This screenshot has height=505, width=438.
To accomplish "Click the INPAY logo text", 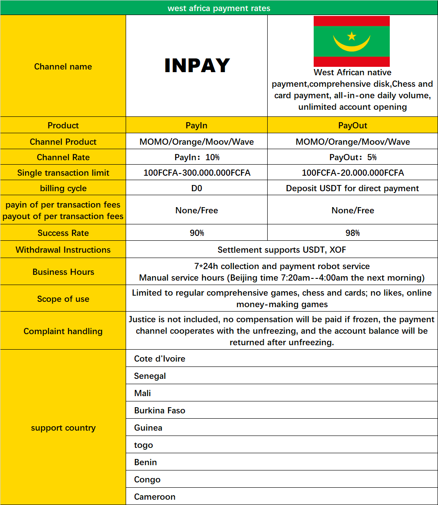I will [197, 66].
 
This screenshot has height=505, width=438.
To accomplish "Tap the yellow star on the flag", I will [352, 35].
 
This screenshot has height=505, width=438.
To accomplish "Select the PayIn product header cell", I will [196, 125].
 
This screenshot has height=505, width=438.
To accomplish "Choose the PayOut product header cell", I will [353, 125].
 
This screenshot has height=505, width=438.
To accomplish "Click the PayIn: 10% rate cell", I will [197, 157].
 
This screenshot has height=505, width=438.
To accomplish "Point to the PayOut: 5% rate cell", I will [353, 157].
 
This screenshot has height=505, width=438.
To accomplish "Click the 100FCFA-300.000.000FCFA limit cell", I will [197, 173].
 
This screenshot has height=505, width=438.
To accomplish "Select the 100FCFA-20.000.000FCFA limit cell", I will [353, 173].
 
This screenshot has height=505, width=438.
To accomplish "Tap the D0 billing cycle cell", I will [196, 188].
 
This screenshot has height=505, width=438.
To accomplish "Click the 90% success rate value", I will [197, 233].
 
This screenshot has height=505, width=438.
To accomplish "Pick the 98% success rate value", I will [353, 233].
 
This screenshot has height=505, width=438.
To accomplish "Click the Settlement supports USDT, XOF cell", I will [282, 250].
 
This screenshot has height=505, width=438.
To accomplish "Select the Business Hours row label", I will [63, 272].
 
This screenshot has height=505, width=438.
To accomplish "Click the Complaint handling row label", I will [63, 331].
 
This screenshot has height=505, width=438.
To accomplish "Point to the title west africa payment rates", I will [219, 8].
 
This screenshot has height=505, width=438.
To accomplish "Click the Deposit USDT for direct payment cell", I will [353, 188].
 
